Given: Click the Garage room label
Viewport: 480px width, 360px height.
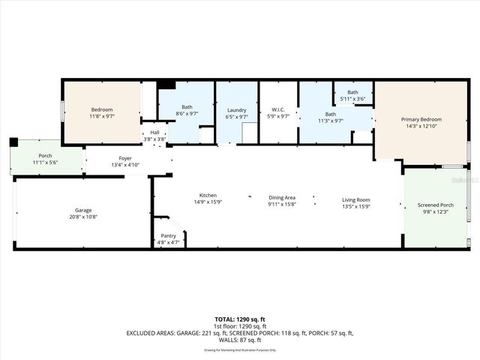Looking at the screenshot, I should coord(82,210).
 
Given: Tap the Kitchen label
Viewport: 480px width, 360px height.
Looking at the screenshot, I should coord(208,195).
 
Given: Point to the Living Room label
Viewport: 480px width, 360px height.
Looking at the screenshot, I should coord(356,199).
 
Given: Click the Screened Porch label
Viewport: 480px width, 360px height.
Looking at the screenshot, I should coord(436,205).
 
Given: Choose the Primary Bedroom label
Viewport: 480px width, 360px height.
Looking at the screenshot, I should coord(421,119).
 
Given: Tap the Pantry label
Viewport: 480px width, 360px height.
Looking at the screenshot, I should coord(168,235).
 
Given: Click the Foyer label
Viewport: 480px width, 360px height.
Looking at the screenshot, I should coord(125,158).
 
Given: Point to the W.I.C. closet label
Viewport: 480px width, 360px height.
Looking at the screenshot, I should coord(278,109).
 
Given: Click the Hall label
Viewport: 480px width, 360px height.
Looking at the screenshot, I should coord(154,133).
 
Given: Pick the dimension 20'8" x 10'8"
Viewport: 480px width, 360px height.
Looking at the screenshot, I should coord(82,217).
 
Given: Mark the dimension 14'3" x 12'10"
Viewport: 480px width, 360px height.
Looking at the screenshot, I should coord(421,127).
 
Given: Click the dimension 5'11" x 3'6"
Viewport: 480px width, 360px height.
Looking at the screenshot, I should coord(352,99).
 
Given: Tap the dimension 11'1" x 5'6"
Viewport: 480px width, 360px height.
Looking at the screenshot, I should coord(46,163).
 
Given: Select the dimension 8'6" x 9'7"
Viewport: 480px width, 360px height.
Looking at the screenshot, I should coord(186,114).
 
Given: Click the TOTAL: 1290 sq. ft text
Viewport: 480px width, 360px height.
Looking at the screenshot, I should coord(241,319).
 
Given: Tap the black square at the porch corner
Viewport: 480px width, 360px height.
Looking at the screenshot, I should coord(13,142).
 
